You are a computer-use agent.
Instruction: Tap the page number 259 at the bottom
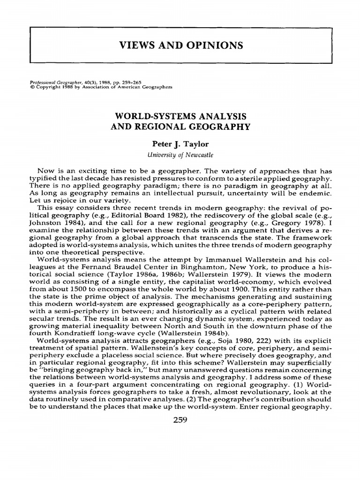tap(180, 420)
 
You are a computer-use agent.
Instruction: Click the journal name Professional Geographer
tap(50, 82)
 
